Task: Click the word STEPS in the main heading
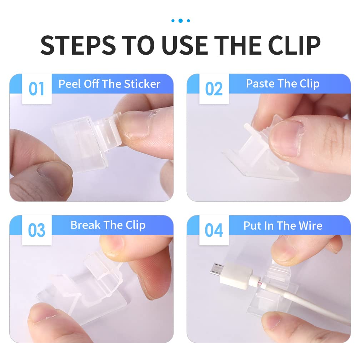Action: pyautogui.click(x=78, y=45)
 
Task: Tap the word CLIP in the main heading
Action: pyautogui.click(x=294, y=45)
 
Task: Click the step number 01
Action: pyautogui.click(x=36, y=89)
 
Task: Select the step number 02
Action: pyautogui.click(x=214, y=89)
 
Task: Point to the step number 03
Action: pyautogui.click(x=36, y=230)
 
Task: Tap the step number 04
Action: pyautogui.click(x=214, y=230)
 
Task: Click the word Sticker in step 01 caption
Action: pyautogui.click(x=142, y=84)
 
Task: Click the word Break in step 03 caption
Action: pyautogui.click(x=85, y=225)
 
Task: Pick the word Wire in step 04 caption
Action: pyautogui.click(x=311, y=226)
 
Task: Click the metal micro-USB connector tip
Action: pyautogui.click(x=216, y=269)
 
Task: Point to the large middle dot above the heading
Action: pyautogui.click(x=180, y=21)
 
